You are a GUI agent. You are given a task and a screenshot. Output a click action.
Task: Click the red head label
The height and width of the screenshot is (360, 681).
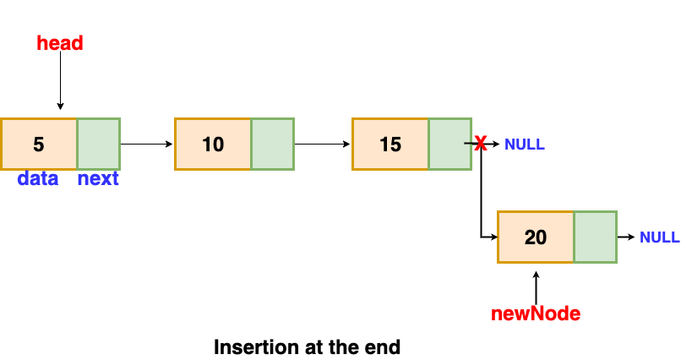[x=60, y=43]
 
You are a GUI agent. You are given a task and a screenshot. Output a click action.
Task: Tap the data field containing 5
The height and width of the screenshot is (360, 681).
[x=39, y=144]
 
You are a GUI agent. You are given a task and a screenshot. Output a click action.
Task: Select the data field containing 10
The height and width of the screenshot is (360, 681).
[x=213, y=144]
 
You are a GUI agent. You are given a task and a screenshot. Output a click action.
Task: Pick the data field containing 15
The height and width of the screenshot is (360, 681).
[x=390, y=144]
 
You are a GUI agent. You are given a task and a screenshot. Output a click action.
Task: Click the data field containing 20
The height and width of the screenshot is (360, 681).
[x=536, y=237]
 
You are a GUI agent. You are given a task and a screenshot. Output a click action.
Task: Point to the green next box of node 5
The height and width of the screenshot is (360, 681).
[x=99, y=144]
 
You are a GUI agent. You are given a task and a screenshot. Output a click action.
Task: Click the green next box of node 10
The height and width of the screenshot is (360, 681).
[x=273, y=144]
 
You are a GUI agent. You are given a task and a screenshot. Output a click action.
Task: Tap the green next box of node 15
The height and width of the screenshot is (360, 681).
[x=450, y=144]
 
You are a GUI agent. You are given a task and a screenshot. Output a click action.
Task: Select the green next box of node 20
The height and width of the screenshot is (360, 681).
[x=596, y=237]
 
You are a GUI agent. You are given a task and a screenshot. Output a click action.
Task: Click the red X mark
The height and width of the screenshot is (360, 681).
[x=480, y=145]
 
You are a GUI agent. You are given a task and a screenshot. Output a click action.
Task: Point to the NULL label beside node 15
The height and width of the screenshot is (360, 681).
[x=525, y=145]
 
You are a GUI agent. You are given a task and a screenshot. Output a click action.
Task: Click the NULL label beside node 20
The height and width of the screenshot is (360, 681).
[x=660, y=237]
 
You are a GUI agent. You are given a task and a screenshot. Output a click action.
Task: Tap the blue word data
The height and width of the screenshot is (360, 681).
[x=38, y=179]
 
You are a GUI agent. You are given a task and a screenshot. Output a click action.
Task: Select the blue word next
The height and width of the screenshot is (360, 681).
[x=98, y=179]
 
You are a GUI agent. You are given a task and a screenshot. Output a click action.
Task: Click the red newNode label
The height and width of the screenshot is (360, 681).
[x=536, y=314]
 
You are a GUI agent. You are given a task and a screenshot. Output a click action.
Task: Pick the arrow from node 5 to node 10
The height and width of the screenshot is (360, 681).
[x=147, y=144]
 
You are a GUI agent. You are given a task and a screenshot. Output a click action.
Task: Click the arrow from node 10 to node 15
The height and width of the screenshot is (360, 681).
[x=323, y=144]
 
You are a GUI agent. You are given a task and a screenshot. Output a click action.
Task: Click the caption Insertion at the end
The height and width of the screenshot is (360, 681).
[x=307, y=346]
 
